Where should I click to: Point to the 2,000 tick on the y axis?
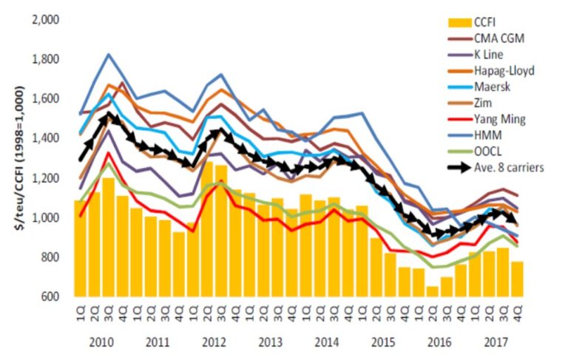point(47,19)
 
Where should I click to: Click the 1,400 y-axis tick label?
point(47,138)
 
